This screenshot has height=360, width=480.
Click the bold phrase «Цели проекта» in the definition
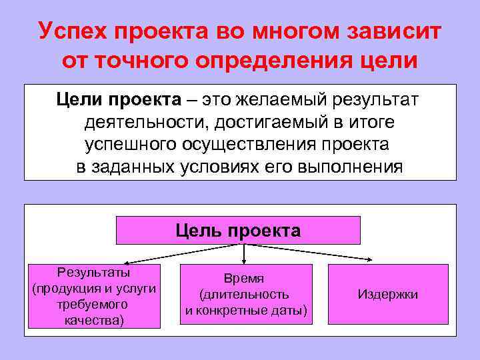tap(118, 100)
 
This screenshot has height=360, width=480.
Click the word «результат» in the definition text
tap(373, 100)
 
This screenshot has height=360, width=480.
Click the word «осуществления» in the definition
tap(252, 144)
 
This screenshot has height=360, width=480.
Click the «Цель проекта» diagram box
tap(239, 231)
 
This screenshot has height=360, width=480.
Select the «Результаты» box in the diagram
tap(94, 296)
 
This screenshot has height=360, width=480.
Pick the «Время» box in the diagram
tap(246, 295)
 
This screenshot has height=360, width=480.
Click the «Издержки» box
tap(388, 294)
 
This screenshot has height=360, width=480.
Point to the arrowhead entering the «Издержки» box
tap(379, 261)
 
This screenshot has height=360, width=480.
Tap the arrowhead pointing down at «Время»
tap(245, 261)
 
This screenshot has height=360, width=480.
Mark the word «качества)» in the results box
tap(94, 319)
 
